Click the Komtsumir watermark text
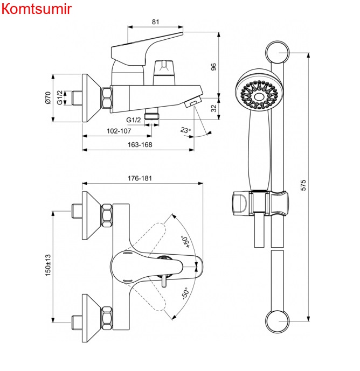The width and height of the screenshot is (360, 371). point(37,9)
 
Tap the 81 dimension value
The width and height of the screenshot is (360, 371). point(155,22)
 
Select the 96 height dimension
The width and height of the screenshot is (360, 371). point(213,67)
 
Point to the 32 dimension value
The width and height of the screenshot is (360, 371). point(213,108)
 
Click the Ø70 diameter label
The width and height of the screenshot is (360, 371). point(48,97)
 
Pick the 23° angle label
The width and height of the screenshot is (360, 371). point(185,130)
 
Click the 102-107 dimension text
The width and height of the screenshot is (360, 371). point(119,131)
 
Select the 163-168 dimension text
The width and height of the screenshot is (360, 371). point(140,144)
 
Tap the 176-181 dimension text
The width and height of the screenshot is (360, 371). point(140,178)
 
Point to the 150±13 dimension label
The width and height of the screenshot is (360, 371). point(48,265)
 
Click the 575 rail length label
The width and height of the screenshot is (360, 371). point(303,185)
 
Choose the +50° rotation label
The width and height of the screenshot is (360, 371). point(186,242)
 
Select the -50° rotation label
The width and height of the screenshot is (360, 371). point(186,293)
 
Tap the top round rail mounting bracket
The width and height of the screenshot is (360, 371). point(278,53)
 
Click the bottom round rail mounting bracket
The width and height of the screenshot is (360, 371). point(278,321)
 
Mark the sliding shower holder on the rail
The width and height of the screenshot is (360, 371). point(260,203)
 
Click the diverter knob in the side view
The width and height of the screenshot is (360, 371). point(164,72)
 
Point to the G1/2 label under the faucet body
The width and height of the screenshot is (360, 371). point(133,120)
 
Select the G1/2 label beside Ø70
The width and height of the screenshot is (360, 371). point(60,97)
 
